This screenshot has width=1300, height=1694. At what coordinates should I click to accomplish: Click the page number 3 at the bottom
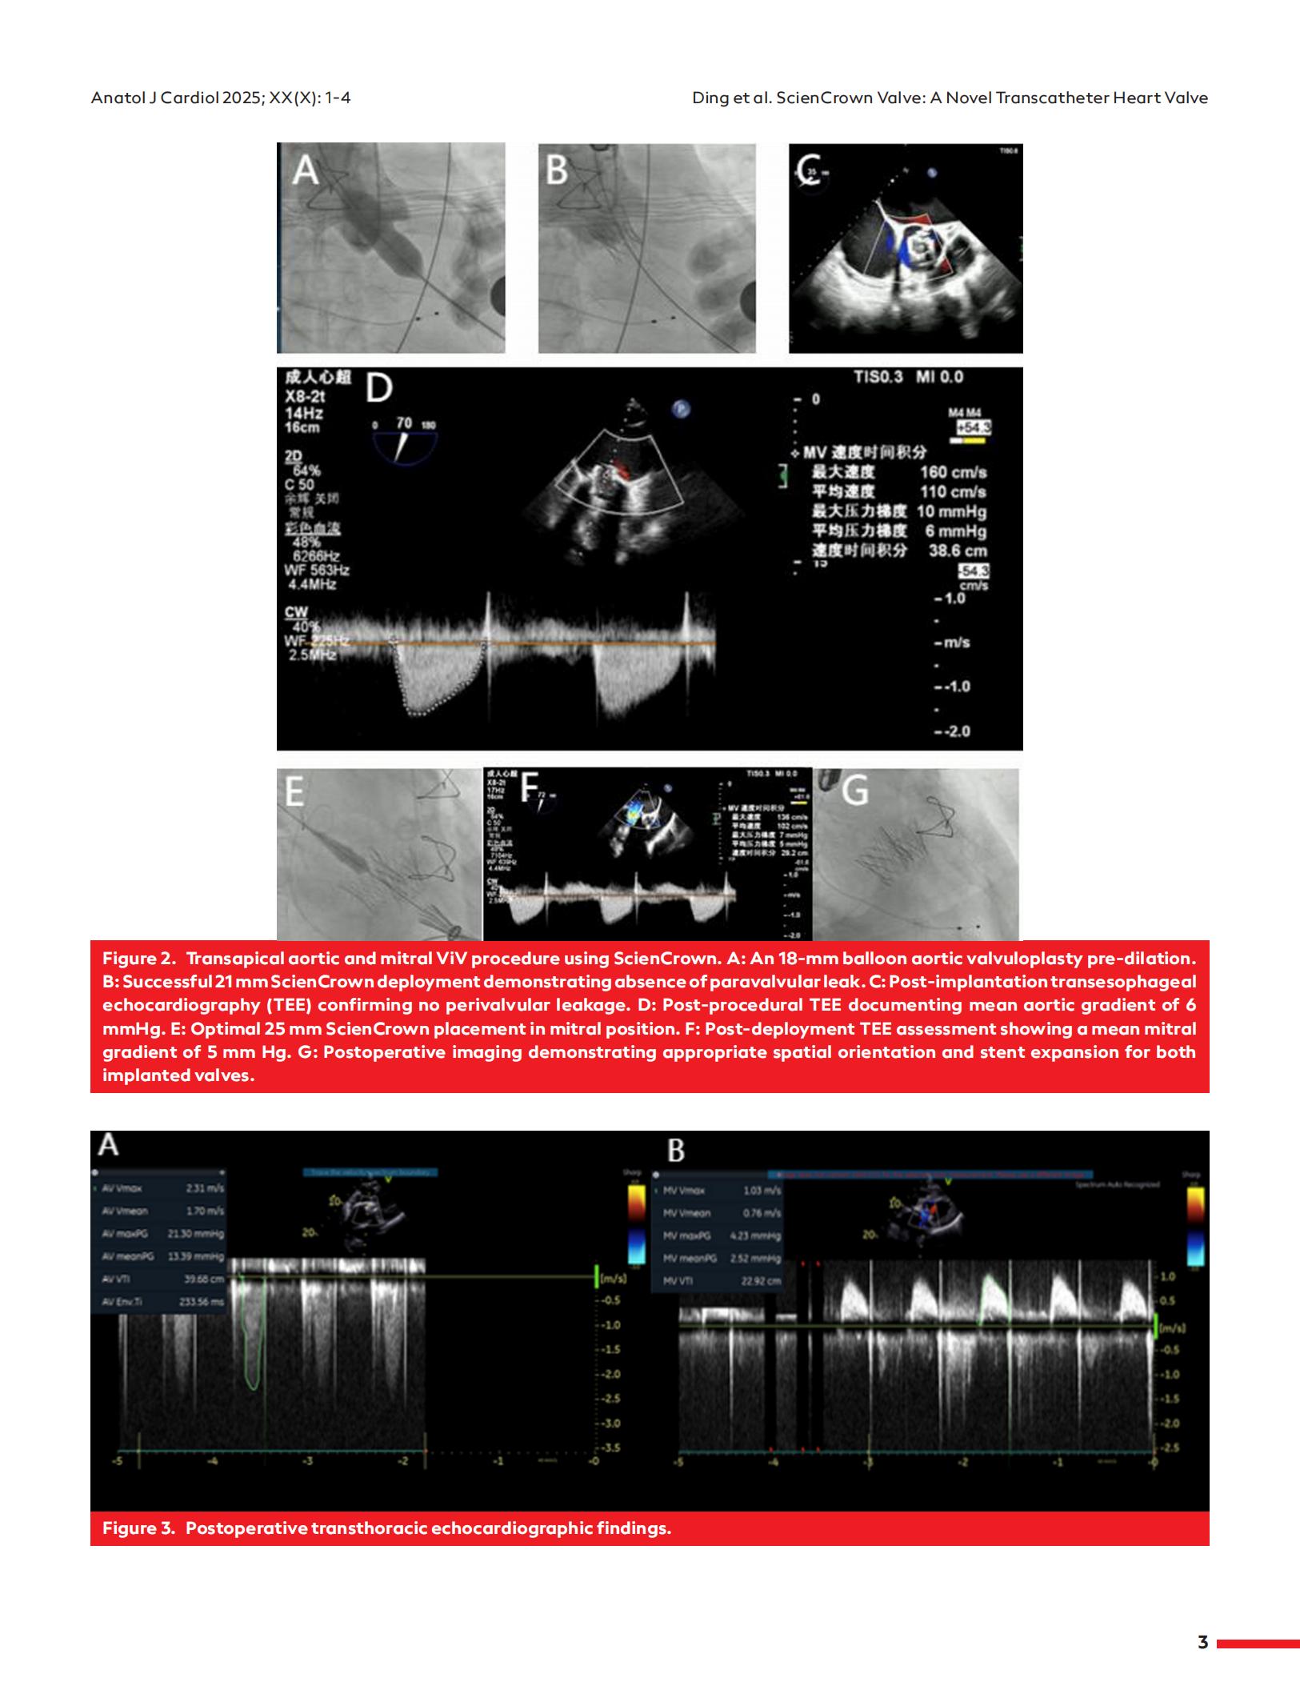click(x=1202, y=1642)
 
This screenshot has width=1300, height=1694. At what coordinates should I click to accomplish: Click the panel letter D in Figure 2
click(x=379, y=389)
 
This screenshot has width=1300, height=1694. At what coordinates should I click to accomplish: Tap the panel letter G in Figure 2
click(x=855, y=791)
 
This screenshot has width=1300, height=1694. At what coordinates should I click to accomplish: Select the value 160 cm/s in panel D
click(x=953, y=472)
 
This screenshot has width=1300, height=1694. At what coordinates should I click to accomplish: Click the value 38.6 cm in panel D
click(x=958, y=551)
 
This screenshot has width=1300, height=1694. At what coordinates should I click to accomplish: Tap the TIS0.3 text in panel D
click(x=878, y=377)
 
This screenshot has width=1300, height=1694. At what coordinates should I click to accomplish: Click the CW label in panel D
click(x=296, y=612)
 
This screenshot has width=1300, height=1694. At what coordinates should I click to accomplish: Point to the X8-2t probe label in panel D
click(x=304, y=397)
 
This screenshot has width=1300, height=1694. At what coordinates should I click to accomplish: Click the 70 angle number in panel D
click(x=404, y=422)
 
